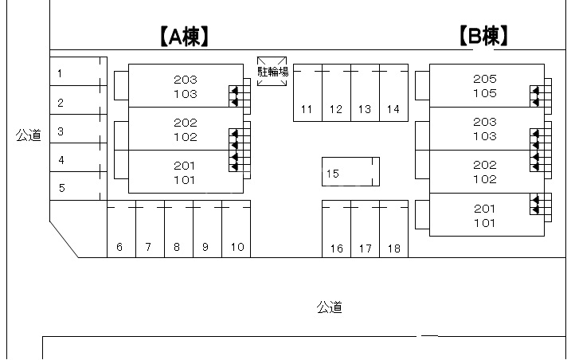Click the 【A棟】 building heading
coord(184,36)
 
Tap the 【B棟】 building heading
coord(484,36)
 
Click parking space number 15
coord(350,172)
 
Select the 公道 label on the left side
coord(28,135)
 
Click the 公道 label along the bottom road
coord(330,307)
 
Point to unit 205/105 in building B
coord(485,85)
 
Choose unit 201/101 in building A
coord(185,172)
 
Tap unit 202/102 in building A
coord(185,129)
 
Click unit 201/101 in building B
coord(485,215)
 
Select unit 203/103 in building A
coord(185,86)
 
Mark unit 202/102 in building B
coord(485,172)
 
